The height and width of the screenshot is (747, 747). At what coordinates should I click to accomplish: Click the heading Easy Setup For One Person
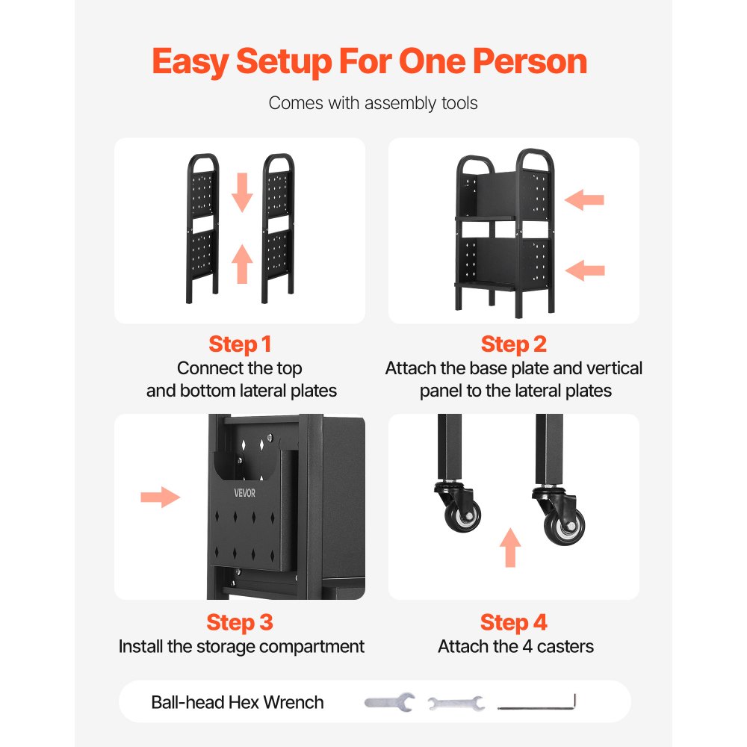point(369,62)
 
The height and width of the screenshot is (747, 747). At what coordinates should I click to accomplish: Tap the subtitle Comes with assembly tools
point(373,103)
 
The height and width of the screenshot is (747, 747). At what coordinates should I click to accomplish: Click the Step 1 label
point(240,344)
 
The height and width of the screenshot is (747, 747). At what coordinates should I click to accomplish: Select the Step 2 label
point(514,344)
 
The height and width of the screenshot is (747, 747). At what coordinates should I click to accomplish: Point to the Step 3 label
point(240,622)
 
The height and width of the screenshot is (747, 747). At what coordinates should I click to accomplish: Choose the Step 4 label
point(514,622)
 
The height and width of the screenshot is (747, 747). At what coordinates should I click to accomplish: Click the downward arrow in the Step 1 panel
point(242,192)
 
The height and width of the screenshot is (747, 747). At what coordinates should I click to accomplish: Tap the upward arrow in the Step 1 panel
point(242,264)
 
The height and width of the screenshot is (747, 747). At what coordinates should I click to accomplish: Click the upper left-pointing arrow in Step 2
point(584,199)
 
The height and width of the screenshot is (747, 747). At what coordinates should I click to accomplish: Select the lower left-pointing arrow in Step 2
point(585,270)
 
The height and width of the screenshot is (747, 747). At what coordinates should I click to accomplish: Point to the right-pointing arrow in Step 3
point(160,498)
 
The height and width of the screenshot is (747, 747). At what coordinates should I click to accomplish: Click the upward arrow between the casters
point(510,548)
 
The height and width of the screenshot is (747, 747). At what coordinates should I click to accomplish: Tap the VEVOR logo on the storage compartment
point(244,493)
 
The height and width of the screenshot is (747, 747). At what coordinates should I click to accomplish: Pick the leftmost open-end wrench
point(390,702)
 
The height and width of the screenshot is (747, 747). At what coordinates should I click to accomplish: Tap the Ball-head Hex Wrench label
point(238,702)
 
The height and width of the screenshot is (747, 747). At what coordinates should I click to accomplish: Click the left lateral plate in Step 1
point(202,228)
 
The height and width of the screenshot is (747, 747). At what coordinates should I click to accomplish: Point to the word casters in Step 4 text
point(565,646)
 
